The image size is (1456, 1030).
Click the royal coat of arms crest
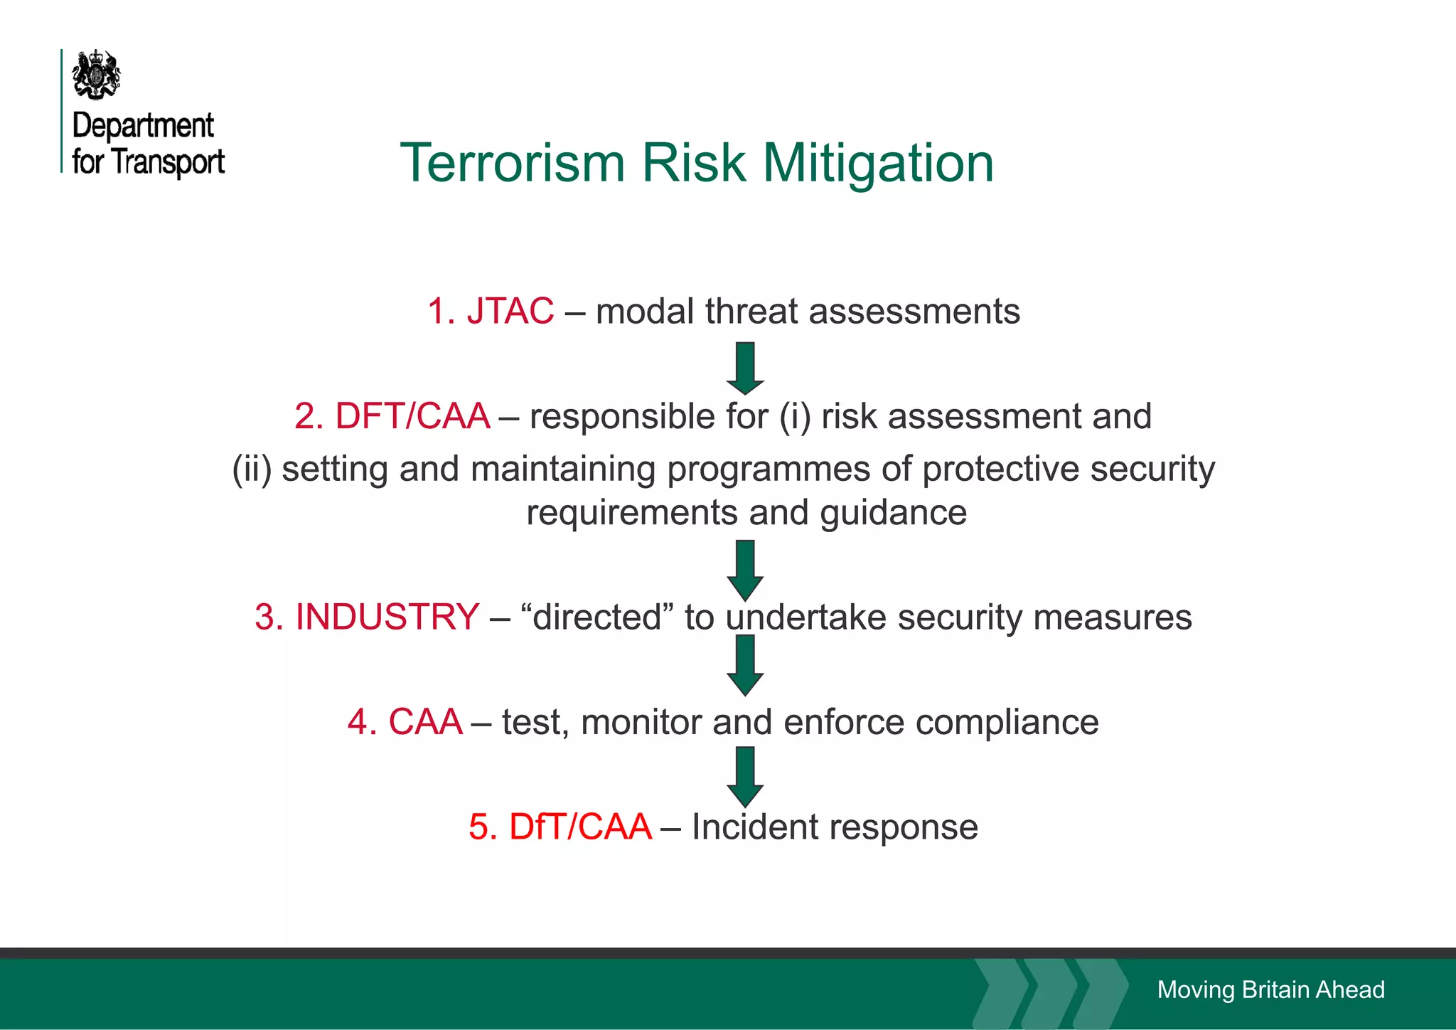tap(97, 74)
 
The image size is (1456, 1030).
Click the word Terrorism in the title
tap(512, 163)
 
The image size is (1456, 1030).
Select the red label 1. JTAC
tap(491, 311)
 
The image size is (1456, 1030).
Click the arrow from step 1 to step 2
tap(745, 368)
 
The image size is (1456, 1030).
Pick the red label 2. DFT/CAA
tap(392, 416)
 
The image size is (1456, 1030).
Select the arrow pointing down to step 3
tap(745, 570)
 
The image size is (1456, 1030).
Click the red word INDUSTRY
tap(387, 617)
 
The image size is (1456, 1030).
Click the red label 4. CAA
tap(405, 722)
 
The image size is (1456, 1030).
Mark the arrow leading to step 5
tap(745, 776)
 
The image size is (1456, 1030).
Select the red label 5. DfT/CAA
tap(560, 827)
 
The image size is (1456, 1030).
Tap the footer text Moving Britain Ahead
tap(1270, 989)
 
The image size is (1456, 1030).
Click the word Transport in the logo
tap(168, 161)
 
